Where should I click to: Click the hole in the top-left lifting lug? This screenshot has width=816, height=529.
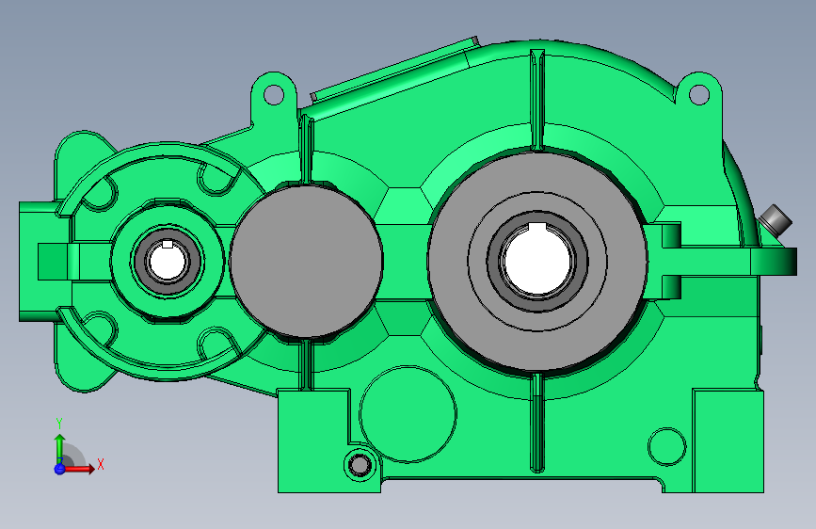(x=273, y=94)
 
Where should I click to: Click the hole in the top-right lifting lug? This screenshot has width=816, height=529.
(x=699, y=94)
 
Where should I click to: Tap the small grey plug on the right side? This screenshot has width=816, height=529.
(x=776, y=222)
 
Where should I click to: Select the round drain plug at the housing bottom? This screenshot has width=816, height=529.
(x=358, y=464)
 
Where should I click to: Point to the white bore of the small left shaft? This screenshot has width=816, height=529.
(x=167, y=261)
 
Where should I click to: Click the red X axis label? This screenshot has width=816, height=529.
(x=100, y=464)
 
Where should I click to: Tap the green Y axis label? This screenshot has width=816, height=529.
(x=59, y=423)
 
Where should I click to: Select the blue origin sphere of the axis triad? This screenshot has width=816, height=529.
(x=59, y=468)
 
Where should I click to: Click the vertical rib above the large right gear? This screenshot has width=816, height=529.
(x=537, y=99)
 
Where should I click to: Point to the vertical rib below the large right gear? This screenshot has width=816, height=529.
(x=537, y=424)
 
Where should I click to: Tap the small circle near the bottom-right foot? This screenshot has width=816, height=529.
(x=667, y=446)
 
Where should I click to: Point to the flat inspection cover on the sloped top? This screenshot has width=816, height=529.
(x=391, y=73)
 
